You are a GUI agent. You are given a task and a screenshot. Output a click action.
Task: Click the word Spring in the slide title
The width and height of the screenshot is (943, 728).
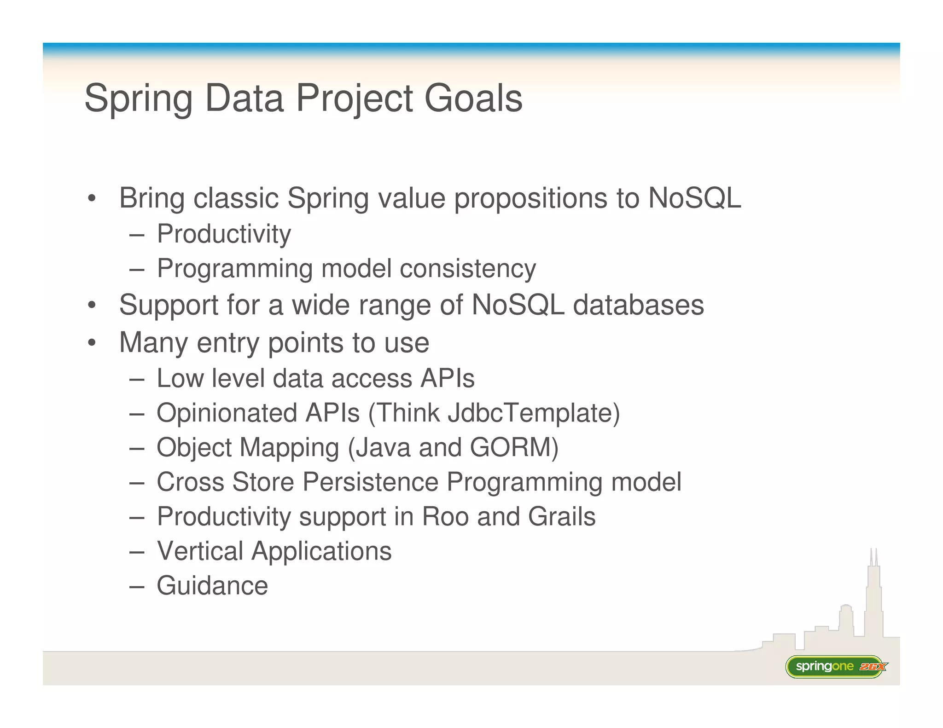(x=138, y=99)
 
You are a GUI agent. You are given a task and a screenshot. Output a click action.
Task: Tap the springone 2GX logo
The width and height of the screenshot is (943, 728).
(x=835, y=666)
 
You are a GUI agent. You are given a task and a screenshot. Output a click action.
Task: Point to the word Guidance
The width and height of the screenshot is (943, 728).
(x=212, y=586)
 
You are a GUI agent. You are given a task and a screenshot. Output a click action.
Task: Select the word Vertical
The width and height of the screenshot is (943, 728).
(x=200, y=551)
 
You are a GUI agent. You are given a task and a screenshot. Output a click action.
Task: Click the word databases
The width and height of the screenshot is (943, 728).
(x=638, y=305)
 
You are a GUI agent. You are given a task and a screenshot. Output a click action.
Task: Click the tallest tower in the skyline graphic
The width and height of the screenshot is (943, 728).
(x=873, y=598)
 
